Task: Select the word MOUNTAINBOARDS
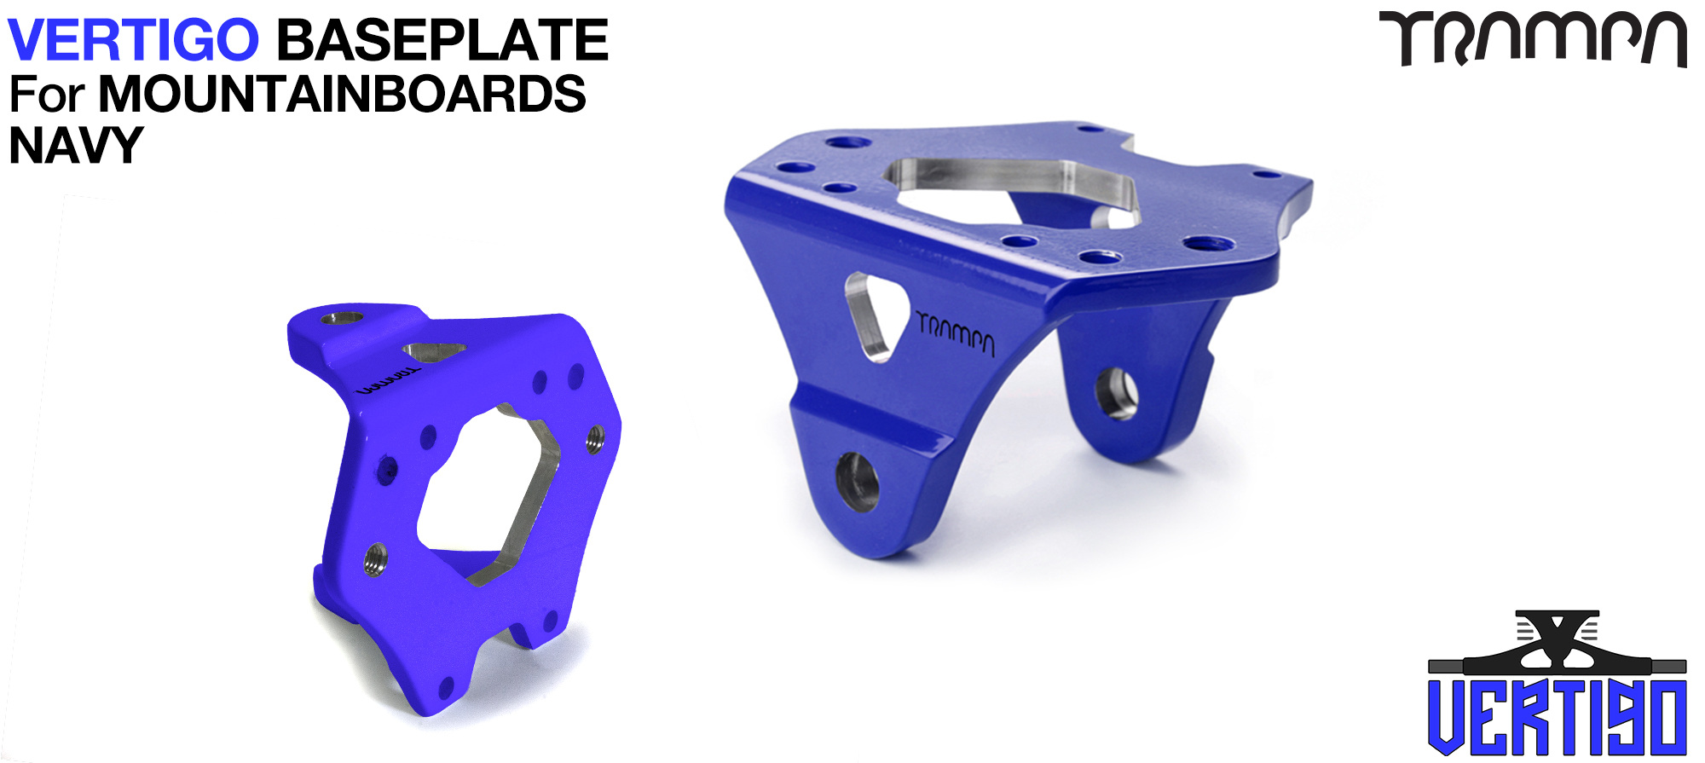pos(342,94)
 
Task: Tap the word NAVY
pos(75,145)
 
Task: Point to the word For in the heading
pos(47,94)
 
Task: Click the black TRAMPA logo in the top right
pos(1533,38)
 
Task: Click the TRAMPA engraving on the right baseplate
pos(956,333)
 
